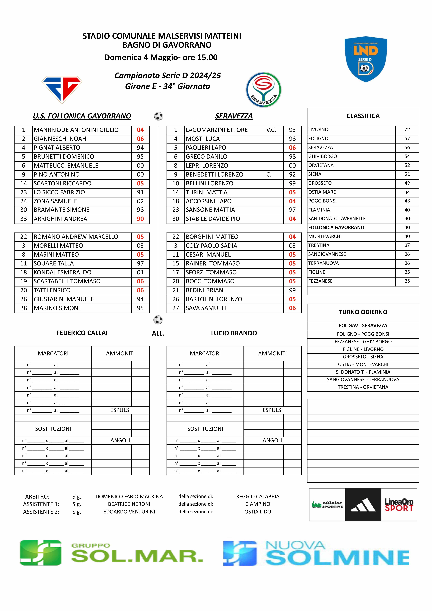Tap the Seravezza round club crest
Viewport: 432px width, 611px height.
[x=263, y=90]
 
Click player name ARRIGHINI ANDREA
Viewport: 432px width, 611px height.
[x=60, y=219]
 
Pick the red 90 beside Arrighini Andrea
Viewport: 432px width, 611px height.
[x=140, y=219]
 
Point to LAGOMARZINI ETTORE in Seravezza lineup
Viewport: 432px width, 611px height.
[x=217, y=130]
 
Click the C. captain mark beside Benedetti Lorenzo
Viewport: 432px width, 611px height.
[x=269, y=175]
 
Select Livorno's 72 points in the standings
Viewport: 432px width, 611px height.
[x=407, y=130]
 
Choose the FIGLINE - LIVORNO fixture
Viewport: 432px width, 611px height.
[x=363, y=349]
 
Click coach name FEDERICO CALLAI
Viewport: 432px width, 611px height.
[x=82, y=333]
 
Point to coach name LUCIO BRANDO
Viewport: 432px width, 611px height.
[x=234, y=333]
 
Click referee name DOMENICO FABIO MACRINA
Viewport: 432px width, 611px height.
[x=129, y=497]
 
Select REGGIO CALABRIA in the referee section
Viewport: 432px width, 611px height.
[x=258, y=497]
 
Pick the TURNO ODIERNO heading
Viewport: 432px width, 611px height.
[x=363, y=312]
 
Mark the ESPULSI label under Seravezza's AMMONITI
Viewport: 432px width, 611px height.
[x=272, y=410]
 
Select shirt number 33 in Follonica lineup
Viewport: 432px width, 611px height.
[x=24, y=219]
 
